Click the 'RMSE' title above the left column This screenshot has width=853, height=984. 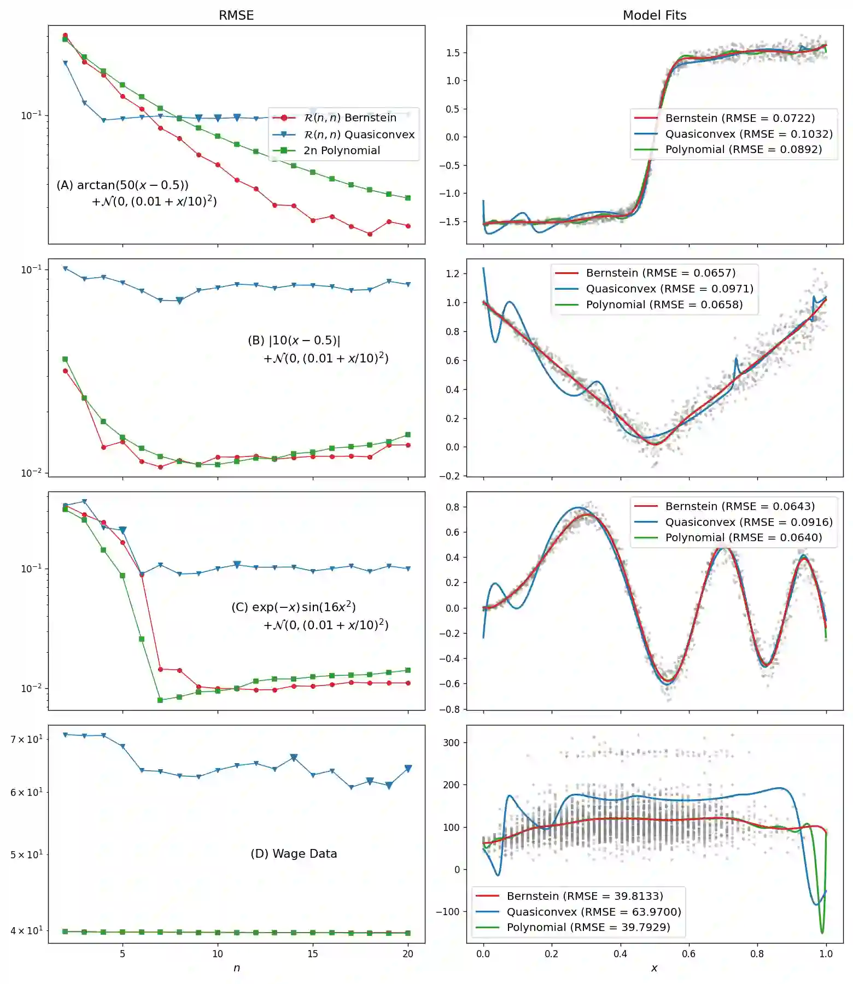pyautogui.click(x=236, y=15)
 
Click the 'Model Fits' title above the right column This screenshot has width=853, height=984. pyautogui.click(x=655, y=15)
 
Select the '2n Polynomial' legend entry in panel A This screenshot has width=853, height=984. pyautogui.click(x=342, y=150)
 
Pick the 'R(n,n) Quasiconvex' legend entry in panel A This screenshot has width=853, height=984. pyautogui.click(x=359, y=134)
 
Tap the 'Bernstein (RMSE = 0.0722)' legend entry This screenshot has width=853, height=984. pyautogui.click(x=740, y=118)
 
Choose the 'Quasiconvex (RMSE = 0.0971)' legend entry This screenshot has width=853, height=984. pyautogui.click(x=669, y=289)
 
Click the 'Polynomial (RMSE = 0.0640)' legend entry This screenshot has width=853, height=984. pyautogui.click(x=743, y=537)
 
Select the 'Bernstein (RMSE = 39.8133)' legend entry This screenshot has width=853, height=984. pyautogui.click(x=585, y=896)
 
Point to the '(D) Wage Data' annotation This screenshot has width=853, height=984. pyautogui.click(x=294, y=853)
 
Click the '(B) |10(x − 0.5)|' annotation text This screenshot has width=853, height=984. pyautogui.click(x=294, y=341)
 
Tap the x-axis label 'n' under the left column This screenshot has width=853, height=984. pyautogui.click(x=236, y=968)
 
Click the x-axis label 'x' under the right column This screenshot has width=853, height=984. pyautogui.click(x=654, y=968)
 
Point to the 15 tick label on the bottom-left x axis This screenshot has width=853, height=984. pyautogui.click(x=313, y=954)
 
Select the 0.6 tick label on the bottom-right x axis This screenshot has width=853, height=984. pyautogui.click(x=688, y=954)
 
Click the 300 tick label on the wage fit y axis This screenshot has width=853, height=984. pyautogui.click(x=451, y=742)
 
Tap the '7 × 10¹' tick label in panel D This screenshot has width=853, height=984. pyautogui.click(x=26, y=740)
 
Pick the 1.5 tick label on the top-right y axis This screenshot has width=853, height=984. pyautogui.click(x=453, y=53)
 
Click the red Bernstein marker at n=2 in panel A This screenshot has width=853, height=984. pyautogui.click(x=65, y=35)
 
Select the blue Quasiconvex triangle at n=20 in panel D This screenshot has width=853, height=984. pyautogui.click(x=408, y=769)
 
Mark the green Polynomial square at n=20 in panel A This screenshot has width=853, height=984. pyautogui.click(x=408, y=198)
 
